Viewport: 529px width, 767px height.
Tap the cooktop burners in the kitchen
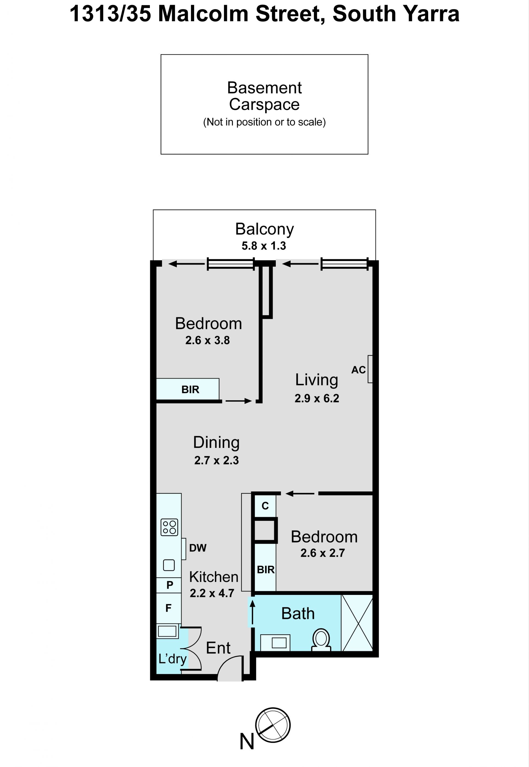[169, 527]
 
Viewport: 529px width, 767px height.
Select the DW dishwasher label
[198, 548]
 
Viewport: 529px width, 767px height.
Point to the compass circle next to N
[273, 725]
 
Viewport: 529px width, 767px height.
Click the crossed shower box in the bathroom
[357, 623]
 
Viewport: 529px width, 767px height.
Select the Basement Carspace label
[264, 96]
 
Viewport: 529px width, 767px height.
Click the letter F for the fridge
[168, 608]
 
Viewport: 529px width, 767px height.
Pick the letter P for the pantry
[170, 585]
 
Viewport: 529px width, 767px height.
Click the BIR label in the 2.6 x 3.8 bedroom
[190, 390]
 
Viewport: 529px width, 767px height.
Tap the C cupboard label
[265, 506]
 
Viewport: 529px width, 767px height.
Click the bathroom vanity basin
[279, 643]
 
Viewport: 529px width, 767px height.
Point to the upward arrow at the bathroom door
[253, 612]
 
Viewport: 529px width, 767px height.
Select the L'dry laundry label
[172, 659]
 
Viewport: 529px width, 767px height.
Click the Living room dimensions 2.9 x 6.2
[317, 398]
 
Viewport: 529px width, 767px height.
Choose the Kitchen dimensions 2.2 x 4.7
[212, 593]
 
